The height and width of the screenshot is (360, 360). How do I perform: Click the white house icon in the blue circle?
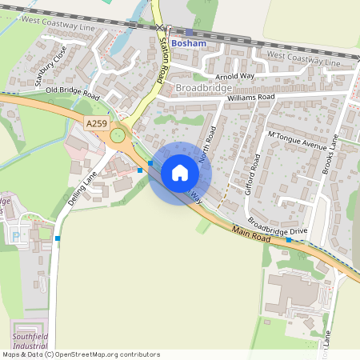pos(180,172)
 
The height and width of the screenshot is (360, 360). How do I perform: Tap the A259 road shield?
pos(96,122)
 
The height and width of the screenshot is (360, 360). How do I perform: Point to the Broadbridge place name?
pos(203,86)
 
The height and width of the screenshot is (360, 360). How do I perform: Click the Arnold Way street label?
pos(234,76)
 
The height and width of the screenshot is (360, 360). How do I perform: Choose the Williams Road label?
pos(250,98)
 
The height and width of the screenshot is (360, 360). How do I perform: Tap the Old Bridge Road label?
pos(72,94)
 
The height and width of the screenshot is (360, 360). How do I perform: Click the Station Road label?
pos(163,58)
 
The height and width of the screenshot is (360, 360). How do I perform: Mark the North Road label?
pos(208,144)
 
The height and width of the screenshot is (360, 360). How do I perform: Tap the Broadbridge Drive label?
pos(277,227)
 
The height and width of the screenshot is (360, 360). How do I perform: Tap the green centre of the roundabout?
pos(118,135)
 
